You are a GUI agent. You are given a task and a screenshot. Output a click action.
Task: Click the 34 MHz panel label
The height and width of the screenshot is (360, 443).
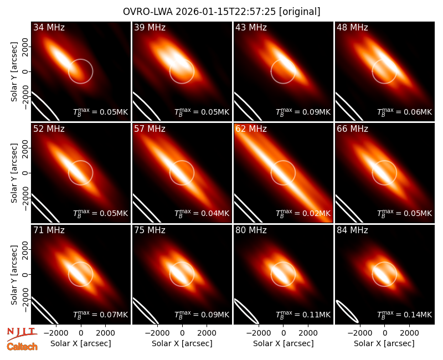tap(49, 27)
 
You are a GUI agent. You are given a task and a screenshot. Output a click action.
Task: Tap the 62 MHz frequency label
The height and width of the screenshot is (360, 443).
tap(251, 129)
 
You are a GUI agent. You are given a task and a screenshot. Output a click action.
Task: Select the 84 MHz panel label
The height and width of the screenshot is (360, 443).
tap(352, 230)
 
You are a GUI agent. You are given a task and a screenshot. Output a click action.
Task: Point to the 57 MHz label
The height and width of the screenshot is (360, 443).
tap(150, 129)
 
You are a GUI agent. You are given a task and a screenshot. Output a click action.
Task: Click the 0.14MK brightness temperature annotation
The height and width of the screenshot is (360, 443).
tap(405, 314)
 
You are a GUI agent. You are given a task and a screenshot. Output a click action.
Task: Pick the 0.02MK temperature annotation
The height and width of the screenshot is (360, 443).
tap(303, 213)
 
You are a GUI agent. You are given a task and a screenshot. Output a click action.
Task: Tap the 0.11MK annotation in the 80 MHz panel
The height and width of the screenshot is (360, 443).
tap(303, 314)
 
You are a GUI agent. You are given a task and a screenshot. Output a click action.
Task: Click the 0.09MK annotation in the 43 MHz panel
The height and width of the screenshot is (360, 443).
tap(303, 112)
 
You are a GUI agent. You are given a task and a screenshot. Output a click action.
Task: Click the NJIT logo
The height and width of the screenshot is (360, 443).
tap(22, 334)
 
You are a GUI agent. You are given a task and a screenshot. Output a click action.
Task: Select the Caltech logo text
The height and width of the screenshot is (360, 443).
tap(22, 347)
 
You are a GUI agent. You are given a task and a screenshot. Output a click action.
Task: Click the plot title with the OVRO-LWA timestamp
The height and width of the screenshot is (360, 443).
tap(221, 12)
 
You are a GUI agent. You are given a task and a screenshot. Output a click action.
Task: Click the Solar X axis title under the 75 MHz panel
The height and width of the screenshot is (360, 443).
tap(182, 343)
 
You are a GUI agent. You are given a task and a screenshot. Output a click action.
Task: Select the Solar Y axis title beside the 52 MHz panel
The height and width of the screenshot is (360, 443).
tap(14, 173)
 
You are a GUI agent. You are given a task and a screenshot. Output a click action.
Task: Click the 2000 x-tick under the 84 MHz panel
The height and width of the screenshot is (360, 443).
tap(409, 333)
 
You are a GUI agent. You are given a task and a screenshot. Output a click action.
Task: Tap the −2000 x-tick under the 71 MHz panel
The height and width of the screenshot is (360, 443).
tap(55, 333)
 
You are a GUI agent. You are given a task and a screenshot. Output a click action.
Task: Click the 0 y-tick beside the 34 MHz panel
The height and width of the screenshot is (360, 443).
tap(25, 71)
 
